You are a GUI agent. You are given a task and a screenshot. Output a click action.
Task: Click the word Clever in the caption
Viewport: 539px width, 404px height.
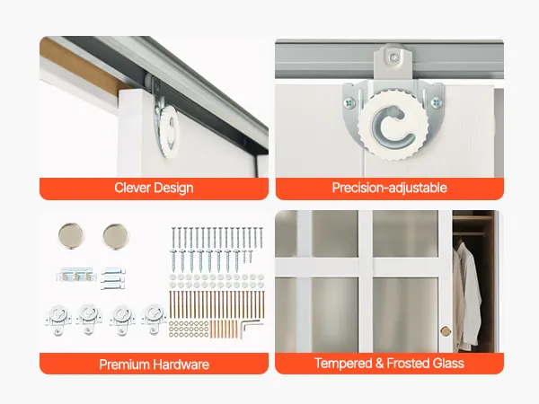(x=133, y=188)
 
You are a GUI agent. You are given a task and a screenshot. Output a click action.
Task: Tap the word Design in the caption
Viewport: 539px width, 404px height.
(x=174, y=189)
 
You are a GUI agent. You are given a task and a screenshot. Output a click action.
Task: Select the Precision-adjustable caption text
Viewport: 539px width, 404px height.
(x=390, y=188)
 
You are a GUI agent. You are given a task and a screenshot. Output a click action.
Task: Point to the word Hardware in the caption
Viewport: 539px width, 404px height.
(x=181, y=364)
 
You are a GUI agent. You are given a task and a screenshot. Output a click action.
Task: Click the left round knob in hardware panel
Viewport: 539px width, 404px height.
(x=71, y=235)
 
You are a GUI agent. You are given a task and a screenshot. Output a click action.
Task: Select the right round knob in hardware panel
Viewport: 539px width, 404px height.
(x=116, y=236)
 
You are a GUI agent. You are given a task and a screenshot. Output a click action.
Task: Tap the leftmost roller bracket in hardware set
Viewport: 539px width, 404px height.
(x=58, y=320)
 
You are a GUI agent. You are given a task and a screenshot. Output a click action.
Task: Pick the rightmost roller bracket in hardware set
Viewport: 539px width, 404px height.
(x=153, y=319)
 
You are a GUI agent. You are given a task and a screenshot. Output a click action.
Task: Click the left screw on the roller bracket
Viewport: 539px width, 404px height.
(x=349, y=102)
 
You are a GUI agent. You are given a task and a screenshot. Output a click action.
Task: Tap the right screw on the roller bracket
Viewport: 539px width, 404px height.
(x=437, y=102)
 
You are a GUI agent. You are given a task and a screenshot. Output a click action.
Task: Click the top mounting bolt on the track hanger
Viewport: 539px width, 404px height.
(x=394, y=57)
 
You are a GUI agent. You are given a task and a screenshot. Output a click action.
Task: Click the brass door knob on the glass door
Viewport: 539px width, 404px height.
(x=446, y=331)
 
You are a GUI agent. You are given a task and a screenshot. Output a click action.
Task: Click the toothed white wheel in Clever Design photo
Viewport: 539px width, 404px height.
(x=170, y=130)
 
